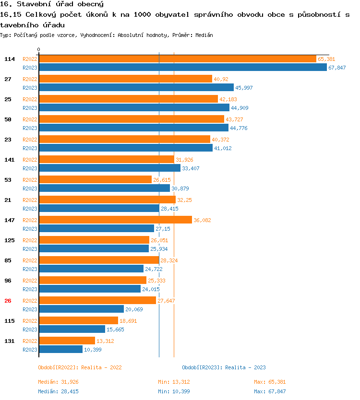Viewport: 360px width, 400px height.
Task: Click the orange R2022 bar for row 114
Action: (178, 59)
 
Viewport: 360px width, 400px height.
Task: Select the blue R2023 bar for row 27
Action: (136, 88)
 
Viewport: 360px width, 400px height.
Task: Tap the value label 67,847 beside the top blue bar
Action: (337, 68)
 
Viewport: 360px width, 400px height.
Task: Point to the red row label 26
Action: (8, 301)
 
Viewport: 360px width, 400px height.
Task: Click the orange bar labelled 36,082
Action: (115, 220)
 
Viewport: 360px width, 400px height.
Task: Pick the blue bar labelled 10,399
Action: (60, 350)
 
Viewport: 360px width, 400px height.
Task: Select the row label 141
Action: (9, 160)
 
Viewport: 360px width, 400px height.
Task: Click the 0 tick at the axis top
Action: (39, 49)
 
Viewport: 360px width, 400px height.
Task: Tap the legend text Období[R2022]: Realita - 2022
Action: (80, 367)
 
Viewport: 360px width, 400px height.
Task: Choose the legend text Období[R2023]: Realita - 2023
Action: (224, 367)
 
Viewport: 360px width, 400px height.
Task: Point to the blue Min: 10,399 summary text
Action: (174, 391)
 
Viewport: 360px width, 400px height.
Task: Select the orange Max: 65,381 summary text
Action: (270, 382)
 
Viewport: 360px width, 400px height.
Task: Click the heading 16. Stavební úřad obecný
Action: (52, 4)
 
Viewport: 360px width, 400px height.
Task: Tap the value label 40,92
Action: (221, 79)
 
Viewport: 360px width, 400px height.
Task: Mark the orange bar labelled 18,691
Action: (78, 321)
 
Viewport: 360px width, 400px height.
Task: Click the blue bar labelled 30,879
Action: (104, 188)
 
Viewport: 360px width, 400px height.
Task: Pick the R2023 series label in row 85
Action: (30, 269)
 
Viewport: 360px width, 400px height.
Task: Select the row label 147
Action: (9, 220)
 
